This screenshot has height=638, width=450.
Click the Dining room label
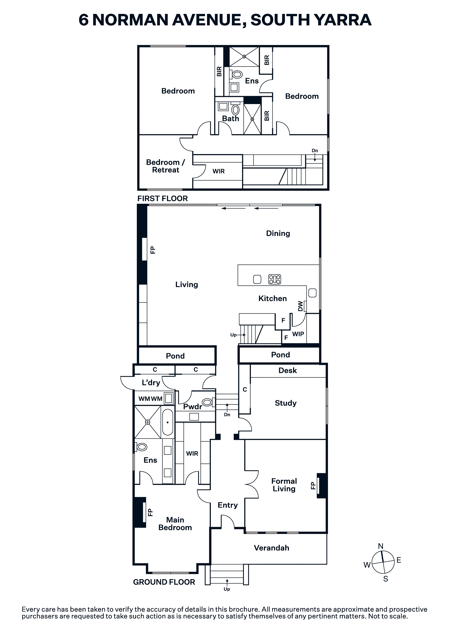point(278,233)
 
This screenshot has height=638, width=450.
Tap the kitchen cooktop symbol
point(274,279)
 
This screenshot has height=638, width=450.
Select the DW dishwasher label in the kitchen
point(300,306)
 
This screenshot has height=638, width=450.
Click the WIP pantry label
point(298,334)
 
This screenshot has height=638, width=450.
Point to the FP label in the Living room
point(153,250)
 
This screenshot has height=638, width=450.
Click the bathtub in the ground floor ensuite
point(168,422)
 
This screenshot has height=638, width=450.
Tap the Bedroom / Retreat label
point(166,166)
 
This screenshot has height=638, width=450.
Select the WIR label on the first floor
point(219,171)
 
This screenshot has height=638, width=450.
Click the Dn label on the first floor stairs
point(315,151)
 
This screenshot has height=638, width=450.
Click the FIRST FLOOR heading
point(163,198)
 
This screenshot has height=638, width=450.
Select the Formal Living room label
point(284,485)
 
